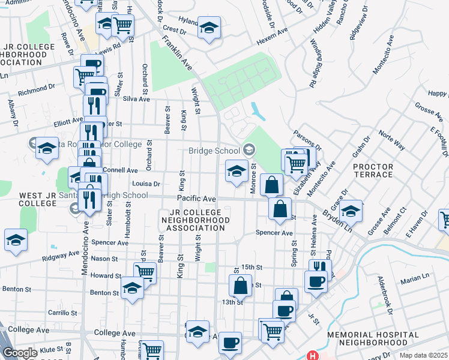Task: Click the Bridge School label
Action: click(x=214, y=151)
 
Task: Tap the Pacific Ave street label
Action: click(x=196, y=198)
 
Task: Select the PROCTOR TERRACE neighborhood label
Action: click(x=373, y=170)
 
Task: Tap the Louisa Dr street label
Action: click(x=146, y=184)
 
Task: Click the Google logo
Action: click(x=20, y=353)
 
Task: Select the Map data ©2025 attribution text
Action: click(x=423, y=355)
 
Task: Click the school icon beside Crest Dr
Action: click(x=209, y=28)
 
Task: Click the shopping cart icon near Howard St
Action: click(x=145, y=272)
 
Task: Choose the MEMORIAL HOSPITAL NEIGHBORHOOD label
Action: click(x=373, y=338)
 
